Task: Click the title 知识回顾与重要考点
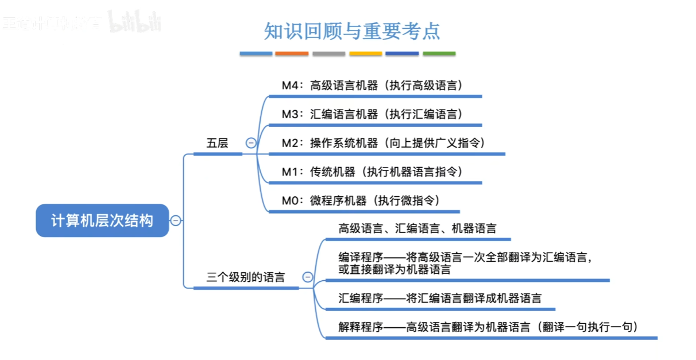(x=352, y=30)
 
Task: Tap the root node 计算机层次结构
(x=102, y=220)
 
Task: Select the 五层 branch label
(x=217, y=143)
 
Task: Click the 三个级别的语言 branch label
(x=246, y=277)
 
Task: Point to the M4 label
(x=291, y=86)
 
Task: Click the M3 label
(x=291, y=114)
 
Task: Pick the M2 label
(x=291, y=143)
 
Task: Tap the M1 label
(x=291, y=172)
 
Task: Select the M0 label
(x=291, y=200)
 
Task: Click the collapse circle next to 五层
(x=251, y=144)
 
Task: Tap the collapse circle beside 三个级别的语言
(x=308, y=277)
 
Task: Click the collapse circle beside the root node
(x=176, y=220)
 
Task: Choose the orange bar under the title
(x=292, y=54)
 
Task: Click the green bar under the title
(x=439, y=54)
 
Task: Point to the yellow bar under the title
(x=366, y=54)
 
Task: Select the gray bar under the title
(x=329, y=54)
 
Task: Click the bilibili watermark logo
(x=135, y=23)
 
